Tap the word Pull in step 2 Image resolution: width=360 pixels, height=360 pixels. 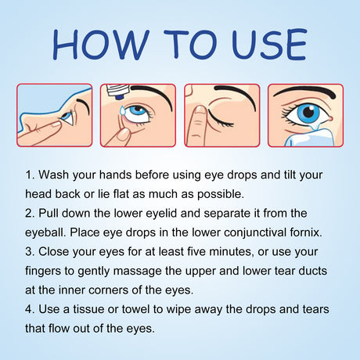point(56,211)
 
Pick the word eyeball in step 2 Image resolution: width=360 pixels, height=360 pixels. point(50,231)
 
